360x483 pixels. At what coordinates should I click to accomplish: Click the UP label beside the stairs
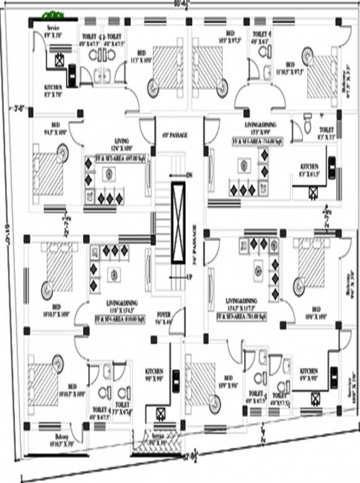pyautogui.click(x=188, y=277)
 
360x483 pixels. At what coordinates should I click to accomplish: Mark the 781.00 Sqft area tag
pyautogui.click(x=242, y=316)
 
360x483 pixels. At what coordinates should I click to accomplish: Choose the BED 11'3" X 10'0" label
pyautogui.click(x=142, y=55)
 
